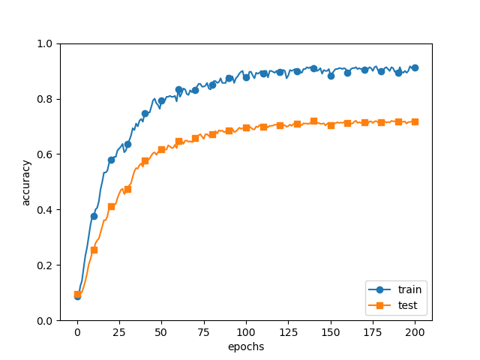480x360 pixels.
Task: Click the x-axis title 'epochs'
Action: click(246, 346)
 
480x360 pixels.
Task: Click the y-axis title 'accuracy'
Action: click(26, 182)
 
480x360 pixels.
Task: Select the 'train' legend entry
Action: click(409, 289)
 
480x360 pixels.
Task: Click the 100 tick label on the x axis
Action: click(246, 332)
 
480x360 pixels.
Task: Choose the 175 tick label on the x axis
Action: click(373, 332)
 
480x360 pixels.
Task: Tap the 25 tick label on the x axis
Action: click(119, 332)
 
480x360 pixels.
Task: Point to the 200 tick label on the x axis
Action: click(415, 332)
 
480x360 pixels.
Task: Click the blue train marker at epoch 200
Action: click(415, 67)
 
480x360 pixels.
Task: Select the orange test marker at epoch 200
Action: click(415, 121)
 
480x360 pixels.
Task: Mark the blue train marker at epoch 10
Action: click(94, 216)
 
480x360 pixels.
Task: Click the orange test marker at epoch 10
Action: click(94, 250)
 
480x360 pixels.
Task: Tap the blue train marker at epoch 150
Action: click(331, 76)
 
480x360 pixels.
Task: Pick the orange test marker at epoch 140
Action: click(313, 121)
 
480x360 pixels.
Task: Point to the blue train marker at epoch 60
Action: click(178, 89)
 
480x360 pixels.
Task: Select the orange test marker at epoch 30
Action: click(127, 189)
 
